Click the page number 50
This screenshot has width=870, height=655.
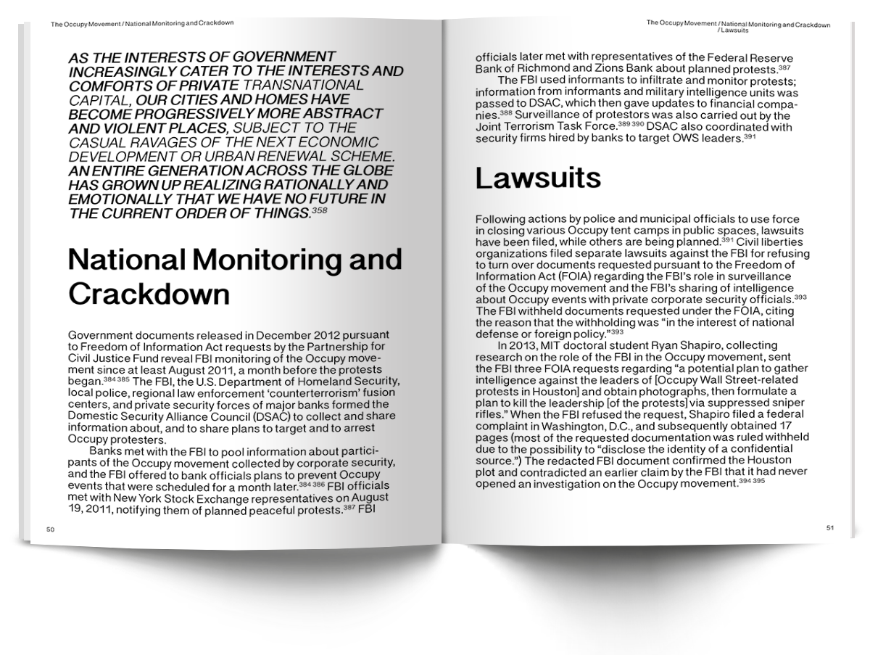pos(50,530)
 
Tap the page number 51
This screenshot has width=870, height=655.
pos(829,527)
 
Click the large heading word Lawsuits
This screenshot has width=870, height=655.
pos(537,178)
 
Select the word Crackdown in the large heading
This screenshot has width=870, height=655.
pos(149,294)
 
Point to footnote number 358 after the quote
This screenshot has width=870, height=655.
pos(320,211)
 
